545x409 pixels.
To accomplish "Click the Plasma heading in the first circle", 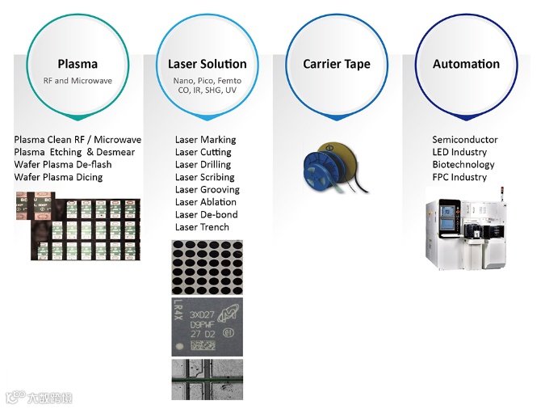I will [78, 64].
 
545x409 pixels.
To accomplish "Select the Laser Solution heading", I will [208, 64].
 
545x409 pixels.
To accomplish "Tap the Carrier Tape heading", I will [337, 64].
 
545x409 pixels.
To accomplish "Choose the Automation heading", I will [466, 64].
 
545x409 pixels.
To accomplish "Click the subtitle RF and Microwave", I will [78, 81].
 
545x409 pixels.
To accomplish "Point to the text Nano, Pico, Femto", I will [208, 81].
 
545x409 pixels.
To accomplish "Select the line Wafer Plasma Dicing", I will [58, 177].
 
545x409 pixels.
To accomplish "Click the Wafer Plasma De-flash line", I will [63, 165].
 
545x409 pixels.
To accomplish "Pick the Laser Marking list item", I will [205, 140].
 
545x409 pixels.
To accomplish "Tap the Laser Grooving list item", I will [208, 190].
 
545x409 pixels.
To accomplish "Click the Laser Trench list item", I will [202, 227].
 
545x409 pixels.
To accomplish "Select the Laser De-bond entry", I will [206, 215].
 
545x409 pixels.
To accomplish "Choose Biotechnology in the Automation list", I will [463, 165].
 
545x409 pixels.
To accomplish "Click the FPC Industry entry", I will [459, 177].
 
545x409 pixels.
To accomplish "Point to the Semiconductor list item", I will [465, 140].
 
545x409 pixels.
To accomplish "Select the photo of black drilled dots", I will [207, 267].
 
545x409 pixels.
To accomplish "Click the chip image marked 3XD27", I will [207, 327].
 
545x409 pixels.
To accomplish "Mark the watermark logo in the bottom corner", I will [38, 397].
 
